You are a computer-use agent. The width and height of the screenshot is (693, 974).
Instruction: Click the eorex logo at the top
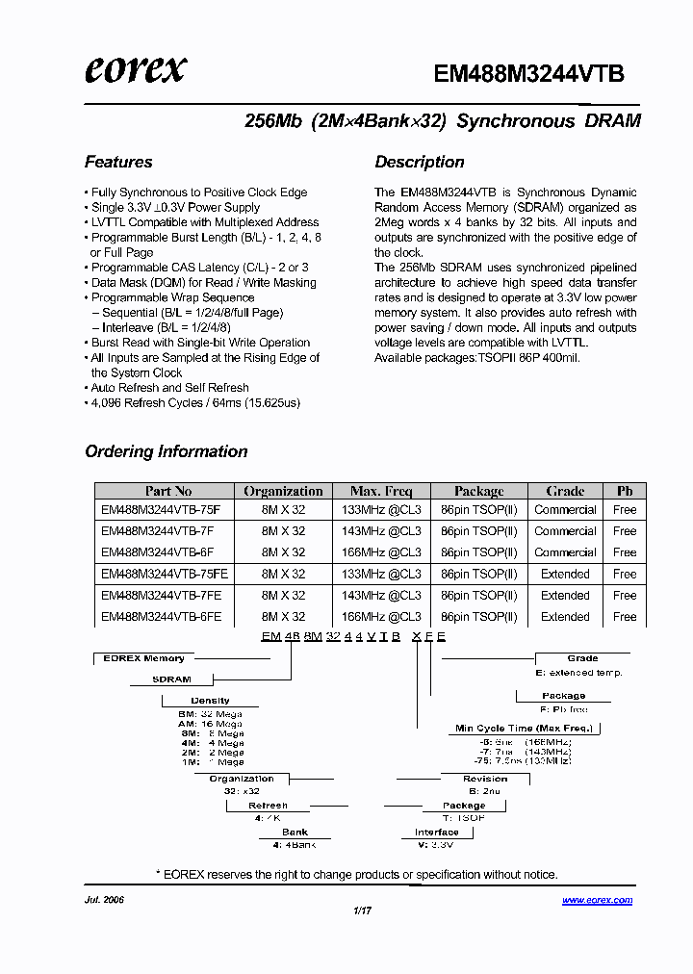pos(135,69)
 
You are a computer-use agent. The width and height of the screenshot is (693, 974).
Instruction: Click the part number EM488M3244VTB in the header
pos(529,74)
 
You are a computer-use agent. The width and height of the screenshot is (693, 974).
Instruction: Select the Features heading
pos(118,162)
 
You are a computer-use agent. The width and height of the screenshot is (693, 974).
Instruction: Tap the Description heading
pos(420,162)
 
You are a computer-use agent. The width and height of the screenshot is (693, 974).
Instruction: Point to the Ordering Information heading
pos(167,451)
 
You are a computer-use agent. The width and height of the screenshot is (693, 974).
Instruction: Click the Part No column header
pos(168,491)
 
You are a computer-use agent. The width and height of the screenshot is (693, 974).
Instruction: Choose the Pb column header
pos(625,491)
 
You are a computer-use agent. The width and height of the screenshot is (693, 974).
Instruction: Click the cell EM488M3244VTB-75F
pos(161,510)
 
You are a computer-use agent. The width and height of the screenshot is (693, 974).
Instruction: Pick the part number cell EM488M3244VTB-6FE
pos(161,617)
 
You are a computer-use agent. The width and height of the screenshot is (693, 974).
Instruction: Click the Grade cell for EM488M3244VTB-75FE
pos(565,574)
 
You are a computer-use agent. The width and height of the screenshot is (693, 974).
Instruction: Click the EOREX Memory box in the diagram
pos(143,658)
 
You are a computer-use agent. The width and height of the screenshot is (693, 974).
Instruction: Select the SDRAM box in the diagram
pos(172,679)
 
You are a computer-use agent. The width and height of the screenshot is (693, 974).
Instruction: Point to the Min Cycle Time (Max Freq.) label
pos(524,729)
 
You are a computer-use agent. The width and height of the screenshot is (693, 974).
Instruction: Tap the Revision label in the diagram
pos(485,779)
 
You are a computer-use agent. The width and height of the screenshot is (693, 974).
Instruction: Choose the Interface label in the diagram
pos(437,833)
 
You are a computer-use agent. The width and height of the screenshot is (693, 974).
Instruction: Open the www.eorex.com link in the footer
pos(597,901)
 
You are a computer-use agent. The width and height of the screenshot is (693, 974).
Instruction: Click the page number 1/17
pos(363,910)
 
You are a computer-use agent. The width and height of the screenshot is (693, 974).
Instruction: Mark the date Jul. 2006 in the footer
pos(105,900)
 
